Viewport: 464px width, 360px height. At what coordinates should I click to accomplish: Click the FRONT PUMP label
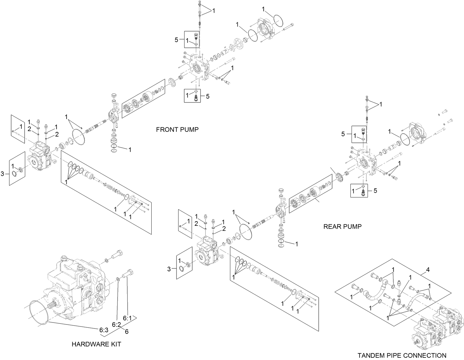177,130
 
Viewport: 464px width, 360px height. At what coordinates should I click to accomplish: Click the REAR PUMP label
342,227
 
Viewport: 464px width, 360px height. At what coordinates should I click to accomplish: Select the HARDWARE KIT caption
96,344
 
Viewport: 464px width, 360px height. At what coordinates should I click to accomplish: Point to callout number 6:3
104,330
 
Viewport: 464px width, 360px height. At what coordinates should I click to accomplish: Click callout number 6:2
116,325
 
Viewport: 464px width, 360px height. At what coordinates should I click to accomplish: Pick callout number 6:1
127,318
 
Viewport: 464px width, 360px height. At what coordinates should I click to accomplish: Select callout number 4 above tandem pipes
428,270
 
